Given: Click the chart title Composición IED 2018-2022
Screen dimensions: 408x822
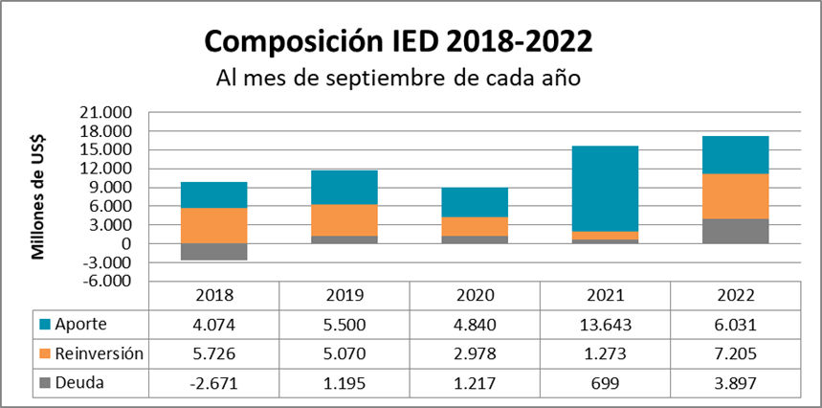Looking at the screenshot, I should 399,41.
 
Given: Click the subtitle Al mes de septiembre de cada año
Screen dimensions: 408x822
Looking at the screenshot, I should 399,78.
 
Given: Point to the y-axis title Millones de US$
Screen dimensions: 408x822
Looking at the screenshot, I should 39,197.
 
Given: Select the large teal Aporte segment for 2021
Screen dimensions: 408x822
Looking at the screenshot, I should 605,189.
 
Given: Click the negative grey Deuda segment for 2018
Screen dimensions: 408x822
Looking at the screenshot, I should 214,252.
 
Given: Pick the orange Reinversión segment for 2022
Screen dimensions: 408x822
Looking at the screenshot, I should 735,196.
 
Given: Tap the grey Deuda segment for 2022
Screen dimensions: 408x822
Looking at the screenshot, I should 735,231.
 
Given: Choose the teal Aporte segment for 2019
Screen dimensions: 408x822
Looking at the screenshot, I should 344,188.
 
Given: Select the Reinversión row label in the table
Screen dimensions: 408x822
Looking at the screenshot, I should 99,353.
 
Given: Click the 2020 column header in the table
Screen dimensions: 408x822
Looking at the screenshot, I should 475,296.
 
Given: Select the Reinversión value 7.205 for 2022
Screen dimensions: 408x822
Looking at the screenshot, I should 735,353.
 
